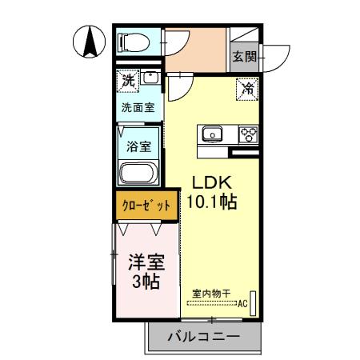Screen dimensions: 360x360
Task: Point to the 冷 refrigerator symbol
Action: tap(248, 88)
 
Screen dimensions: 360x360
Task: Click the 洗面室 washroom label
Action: tap(138, 106)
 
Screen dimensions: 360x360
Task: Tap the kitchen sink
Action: tap(213, 134)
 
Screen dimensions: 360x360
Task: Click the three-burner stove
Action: tap(248, 134)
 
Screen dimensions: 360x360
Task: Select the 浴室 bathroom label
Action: tap(138, 146)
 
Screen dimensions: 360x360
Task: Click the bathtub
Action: tap(140, 174)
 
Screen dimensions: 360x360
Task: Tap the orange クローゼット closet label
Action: tap(146, 204)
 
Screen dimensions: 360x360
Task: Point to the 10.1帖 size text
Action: tap(210, 202)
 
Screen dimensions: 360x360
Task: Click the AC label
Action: tap(242, 304)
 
